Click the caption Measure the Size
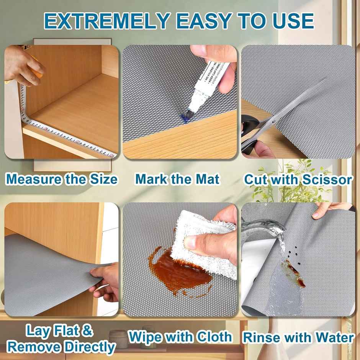62,179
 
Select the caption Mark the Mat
178,179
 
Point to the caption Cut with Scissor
298,179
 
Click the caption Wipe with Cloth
180,337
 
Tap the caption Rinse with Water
298,337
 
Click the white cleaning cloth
203,245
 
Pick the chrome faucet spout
260,228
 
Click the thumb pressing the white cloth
195,241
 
